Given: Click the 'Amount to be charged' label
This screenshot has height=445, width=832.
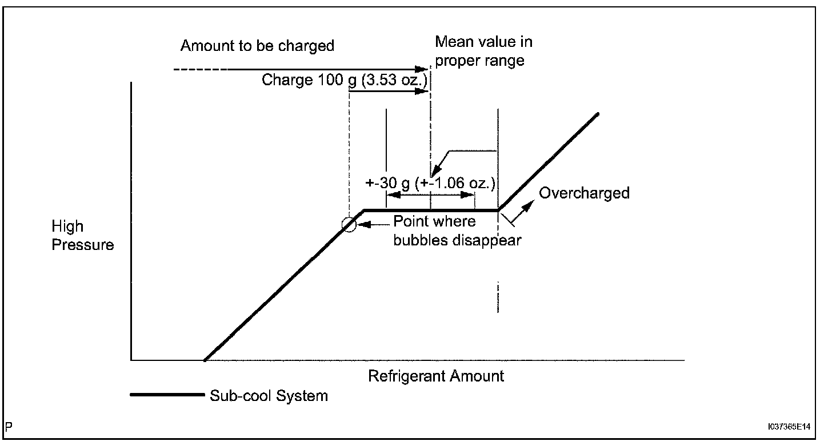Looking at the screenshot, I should click(x=257, y=46).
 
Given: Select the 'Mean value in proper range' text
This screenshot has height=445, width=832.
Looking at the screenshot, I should click(x=483, y=51).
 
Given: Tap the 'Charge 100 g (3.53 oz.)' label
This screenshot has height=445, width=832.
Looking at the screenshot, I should click(x=344, y=80).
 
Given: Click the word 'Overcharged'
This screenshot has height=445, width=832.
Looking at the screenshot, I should click(x=584, y=193).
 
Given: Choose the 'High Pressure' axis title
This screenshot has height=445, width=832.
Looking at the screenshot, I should click(x=83, y=236).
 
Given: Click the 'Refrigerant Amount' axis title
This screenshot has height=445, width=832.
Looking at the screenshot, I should click(x=436, y=376).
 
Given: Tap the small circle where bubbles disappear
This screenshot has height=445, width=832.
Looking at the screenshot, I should click(x=349, y=225).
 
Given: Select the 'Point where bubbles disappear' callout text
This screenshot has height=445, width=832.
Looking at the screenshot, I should click(x=457, y=231).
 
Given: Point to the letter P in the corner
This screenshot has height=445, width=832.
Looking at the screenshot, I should click(x=9, y=427).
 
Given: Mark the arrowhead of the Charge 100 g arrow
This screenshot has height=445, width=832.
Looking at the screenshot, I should click(x=423, y=90).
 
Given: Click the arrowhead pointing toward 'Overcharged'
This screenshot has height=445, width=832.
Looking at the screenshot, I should click(x=533, y=201).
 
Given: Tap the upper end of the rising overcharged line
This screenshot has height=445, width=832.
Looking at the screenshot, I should click(x=598, y=114).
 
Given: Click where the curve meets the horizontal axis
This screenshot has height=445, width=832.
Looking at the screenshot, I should click(x=204, y=360).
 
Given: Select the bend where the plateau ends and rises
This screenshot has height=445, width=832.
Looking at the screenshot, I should click(x=499, y=210).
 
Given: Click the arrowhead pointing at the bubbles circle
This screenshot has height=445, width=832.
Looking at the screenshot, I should click(x=359, y=225).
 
